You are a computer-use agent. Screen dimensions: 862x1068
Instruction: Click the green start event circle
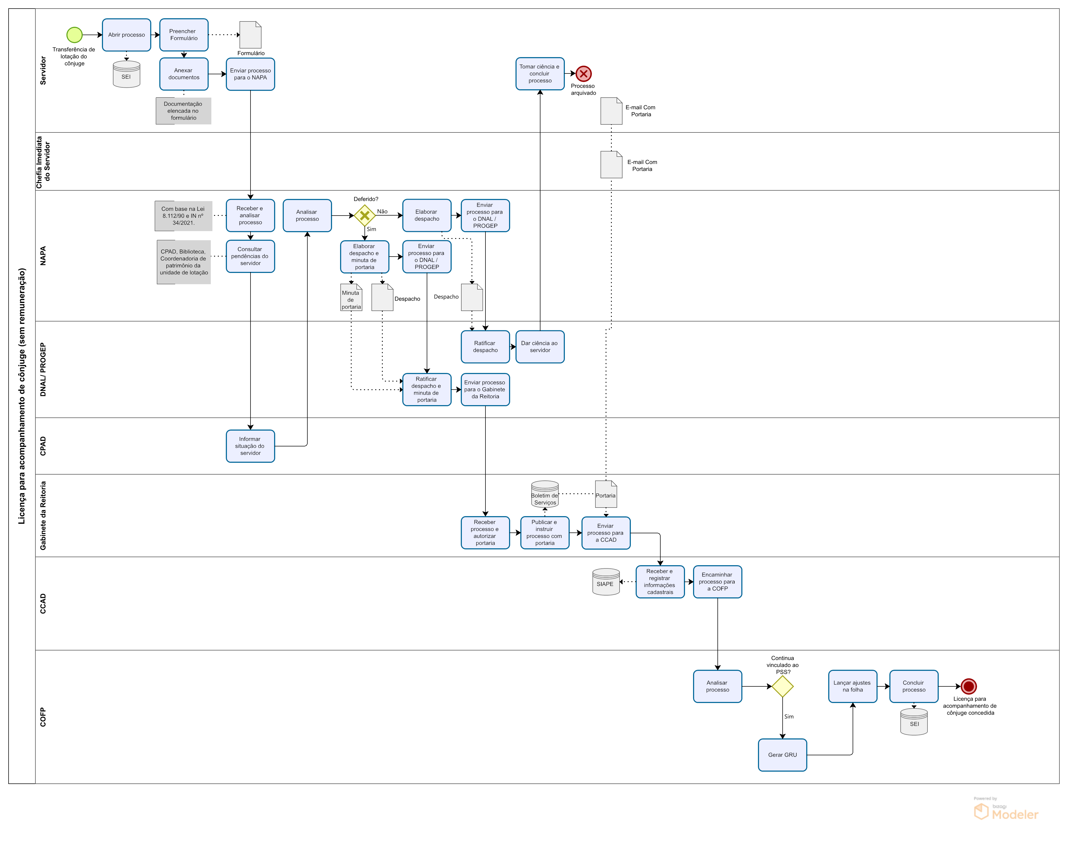[75, 35]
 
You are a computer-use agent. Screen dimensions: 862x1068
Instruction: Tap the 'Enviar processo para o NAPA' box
[250, 74]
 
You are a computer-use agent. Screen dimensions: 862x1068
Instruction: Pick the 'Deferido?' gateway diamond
[364, 216]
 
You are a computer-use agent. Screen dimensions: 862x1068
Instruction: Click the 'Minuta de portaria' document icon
[351, 297]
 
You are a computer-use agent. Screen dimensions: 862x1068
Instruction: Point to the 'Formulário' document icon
[250, 35]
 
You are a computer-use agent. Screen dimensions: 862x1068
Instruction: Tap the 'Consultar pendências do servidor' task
[250, 256]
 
